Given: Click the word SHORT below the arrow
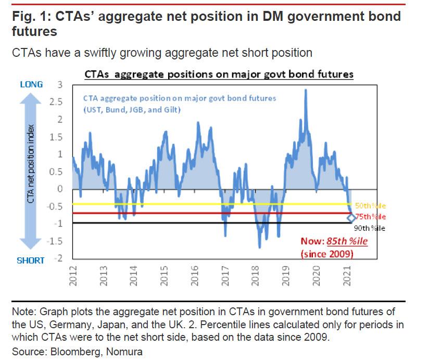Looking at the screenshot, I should click(31, 260).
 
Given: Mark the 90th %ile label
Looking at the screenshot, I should click(371, 228).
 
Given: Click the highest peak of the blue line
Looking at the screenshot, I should click(305, 90).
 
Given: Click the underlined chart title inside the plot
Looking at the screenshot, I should click(219, 75).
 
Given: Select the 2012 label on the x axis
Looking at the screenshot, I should click(72, 274).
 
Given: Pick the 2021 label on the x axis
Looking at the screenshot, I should click(347, 274).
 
